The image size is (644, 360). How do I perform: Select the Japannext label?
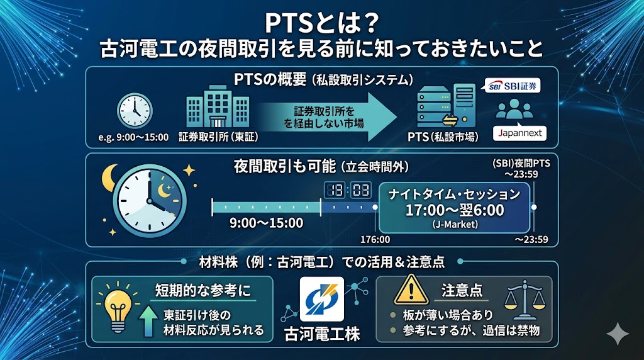pyautogui.click(x=519, y=133)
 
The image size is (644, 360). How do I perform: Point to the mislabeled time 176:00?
pyautogui.click(x=375, y=239)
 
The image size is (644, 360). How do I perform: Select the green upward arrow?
pyautogui.click(x=147, y=320)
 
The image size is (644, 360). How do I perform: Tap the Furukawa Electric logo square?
pyautogui.click(x=321, y=299)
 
